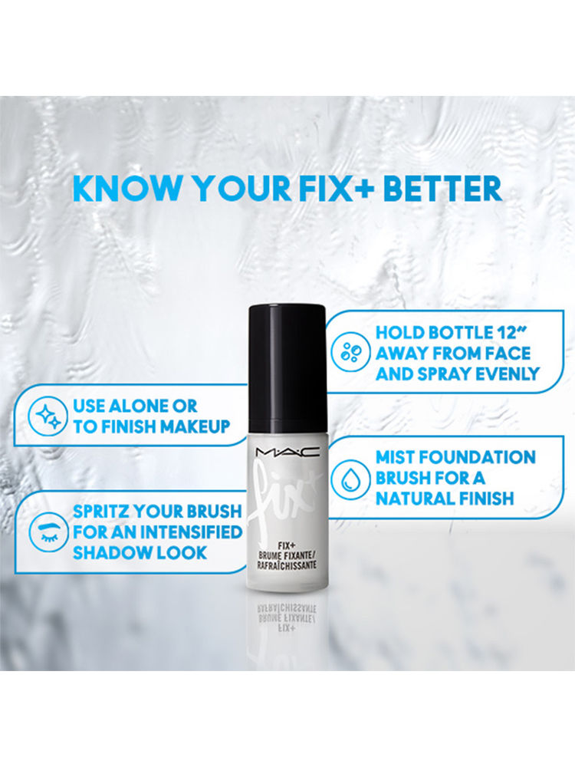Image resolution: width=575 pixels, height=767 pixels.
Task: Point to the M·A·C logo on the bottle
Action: pyautogui.click(x=287, y=453)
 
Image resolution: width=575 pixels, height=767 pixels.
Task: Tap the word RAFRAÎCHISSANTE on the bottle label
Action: pyautogui.click(x=287, y=565)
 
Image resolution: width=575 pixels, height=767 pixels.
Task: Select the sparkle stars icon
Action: pyautogui.click(x=48, y=416)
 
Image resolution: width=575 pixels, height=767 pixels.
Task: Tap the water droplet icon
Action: pyautogui.click(x=349, y=478)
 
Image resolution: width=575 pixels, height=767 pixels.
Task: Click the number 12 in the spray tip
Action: pyautogui.click(x=505, y=333)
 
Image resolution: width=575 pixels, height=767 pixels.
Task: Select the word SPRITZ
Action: pyautogui.click(x=101, y=511)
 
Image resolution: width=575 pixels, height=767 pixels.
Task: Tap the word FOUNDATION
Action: pyautogui.click(x=477, y=457)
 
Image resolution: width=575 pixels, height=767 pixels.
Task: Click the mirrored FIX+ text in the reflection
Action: pyautogui.click(x=287, y=627)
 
